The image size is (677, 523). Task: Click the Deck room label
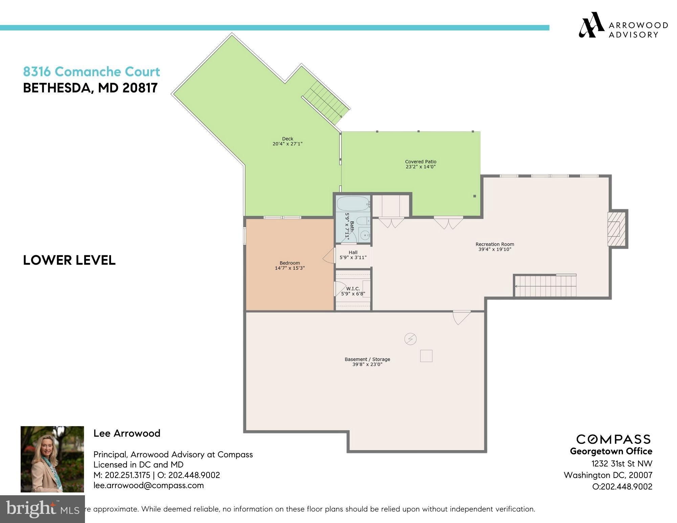click(x=287, y=138)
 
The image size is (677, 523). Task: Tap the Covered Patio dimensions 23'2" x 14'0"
click(x=420, y=167)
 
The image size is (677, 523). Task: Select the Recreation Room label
click(x=495, y=244)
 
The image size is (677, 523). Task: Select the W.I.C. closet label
click(x=353, y=288)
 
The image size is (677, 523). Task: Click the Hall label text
click(x=353, y=252)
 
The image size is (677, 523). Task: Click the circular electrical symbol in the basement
click(x=410, y=339)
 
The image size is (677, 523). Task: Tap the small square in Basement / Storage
click(x=426, y=356)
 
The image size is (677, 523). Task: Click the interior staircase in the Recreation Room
click(x=545, y=286)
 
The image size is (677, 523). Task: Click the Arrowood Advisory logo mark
click(x=591, y=25)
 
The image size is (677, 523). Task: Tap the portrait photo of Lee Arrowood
click(x=52, y=459)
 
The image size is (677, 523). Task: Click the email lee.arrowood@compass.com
click(x=149, y=485)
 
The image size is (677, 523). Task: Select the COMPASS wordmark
click(x=613, y=439)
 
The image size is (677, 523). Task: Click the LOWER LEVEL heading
click(x=69, y=260)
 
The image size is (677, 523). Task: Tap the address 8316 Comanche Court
click(x=91, y=71)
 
